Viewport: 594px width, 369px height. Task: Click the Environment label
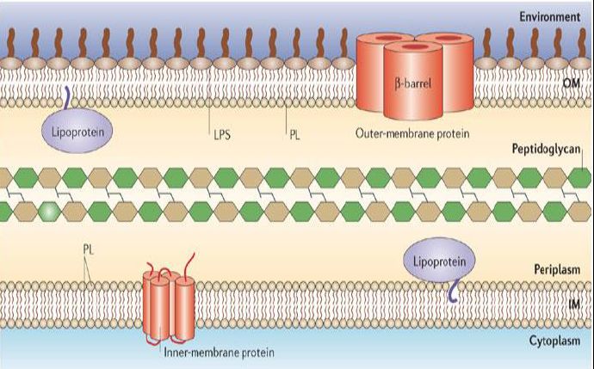tap(556, 16)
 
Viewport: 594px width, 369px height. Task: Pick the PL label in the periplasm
tap(88, 248)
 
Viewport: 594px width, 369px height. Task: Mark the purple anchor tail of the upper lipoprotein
tap(65, 97)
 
